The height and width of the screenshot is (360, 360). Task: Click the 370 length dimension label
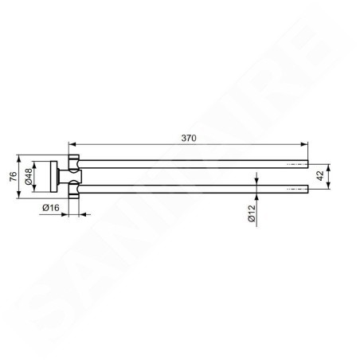click(x=189, y=138)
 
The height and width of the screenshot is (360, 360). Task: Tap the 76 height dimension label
click(x=14, y=177)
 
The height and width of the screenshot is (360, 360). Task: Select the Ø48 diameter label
click(x=29, y=177)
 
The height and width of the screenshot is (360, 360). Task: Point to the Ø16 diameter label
click(x=51, y=208)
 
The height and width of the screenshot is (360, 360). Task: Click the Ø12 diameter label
click(x=251, y=213)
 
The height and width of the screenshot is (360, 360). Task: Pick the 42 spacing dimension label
click(x=320, y=176)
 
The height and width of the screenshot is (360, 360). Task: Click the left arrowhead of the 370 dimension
click(x=72, y=144)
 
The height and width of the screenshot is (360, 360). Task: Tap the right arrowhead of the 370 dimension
click(x=304, y=144)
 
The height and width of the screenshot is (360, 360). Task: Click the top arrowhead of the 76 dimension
click(x=18, y=158)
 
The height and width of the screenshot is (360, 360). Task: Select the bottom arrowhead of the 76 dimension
click(x=18, y=194)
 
